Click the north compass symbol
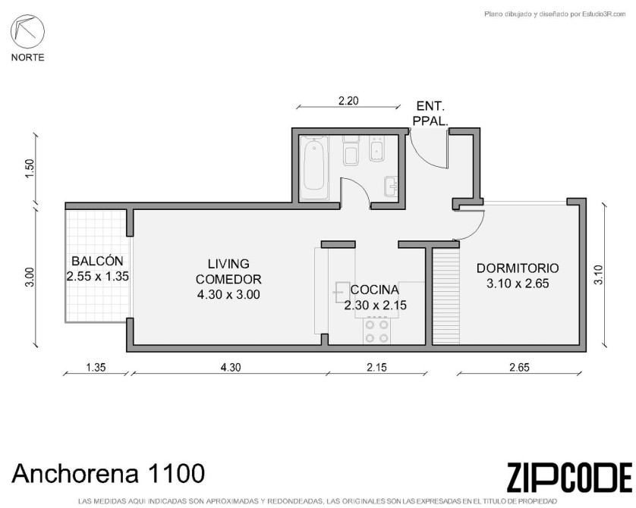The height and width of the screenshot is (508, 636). click(27, 32)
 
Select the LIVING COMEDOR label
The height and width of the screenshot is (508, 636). click(228, 271)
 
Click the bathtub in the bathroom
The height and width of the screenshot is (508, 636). click(314, 168)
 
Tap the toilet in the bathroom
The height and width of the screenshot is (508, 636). click(351, 150)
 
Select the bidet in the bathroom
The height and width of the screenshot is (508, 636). click(377, 149)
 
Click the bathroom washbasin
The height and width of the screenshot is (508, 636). click(391, 187)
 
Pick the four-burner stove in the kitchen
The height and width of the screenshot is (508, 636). click(376, 331)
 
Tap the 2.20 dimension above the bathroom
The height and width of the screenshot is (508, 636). click(348, 101)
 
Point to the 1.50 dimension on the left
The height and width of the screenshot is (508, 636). click(30, 170)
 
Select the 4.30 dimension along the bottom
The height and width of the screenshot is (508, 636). click(231, 367)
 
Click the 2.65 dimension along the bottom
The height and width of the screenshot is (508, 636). click(519, 367)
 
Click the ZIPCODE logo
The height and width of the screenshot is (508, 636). click(569, 477)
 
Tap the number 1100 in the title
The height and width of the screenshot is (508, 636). click(177, 473)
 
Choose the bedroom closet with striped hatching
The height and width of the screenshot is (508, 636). click(446, 296)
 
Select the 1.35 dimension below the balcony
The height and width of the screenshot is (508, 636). click(96, 367)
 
